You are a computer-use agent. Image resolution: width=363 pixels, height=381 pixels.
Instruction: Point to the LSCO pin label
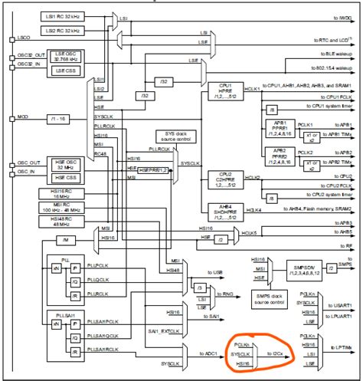point(24,36)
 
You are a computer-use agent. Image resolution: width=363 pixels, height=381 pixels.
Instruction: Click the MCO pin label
point(23,118)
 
